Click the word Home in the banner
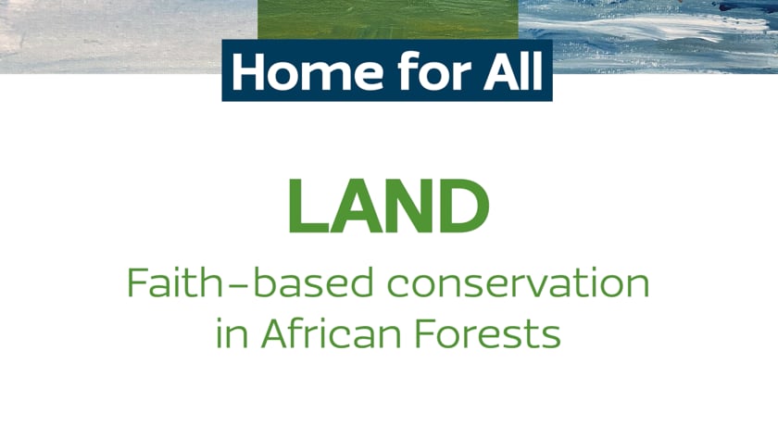pos(307,71)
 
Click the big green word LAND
pos(389,206)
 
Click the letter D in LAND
pos(462,206)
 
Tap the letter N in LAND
pos(407,206)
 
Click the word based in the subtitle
pos(314,282)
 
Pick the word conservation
pos(519,282)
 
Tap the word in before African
pos(232,332)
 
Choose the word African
pos(331,332)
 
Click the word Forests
pos(488,333)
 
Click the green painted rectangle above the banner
pos(388,19)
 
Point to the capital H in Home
pos(251,71)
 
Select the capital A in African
pos(276,333)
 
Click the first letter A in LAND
pos(356,206)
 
